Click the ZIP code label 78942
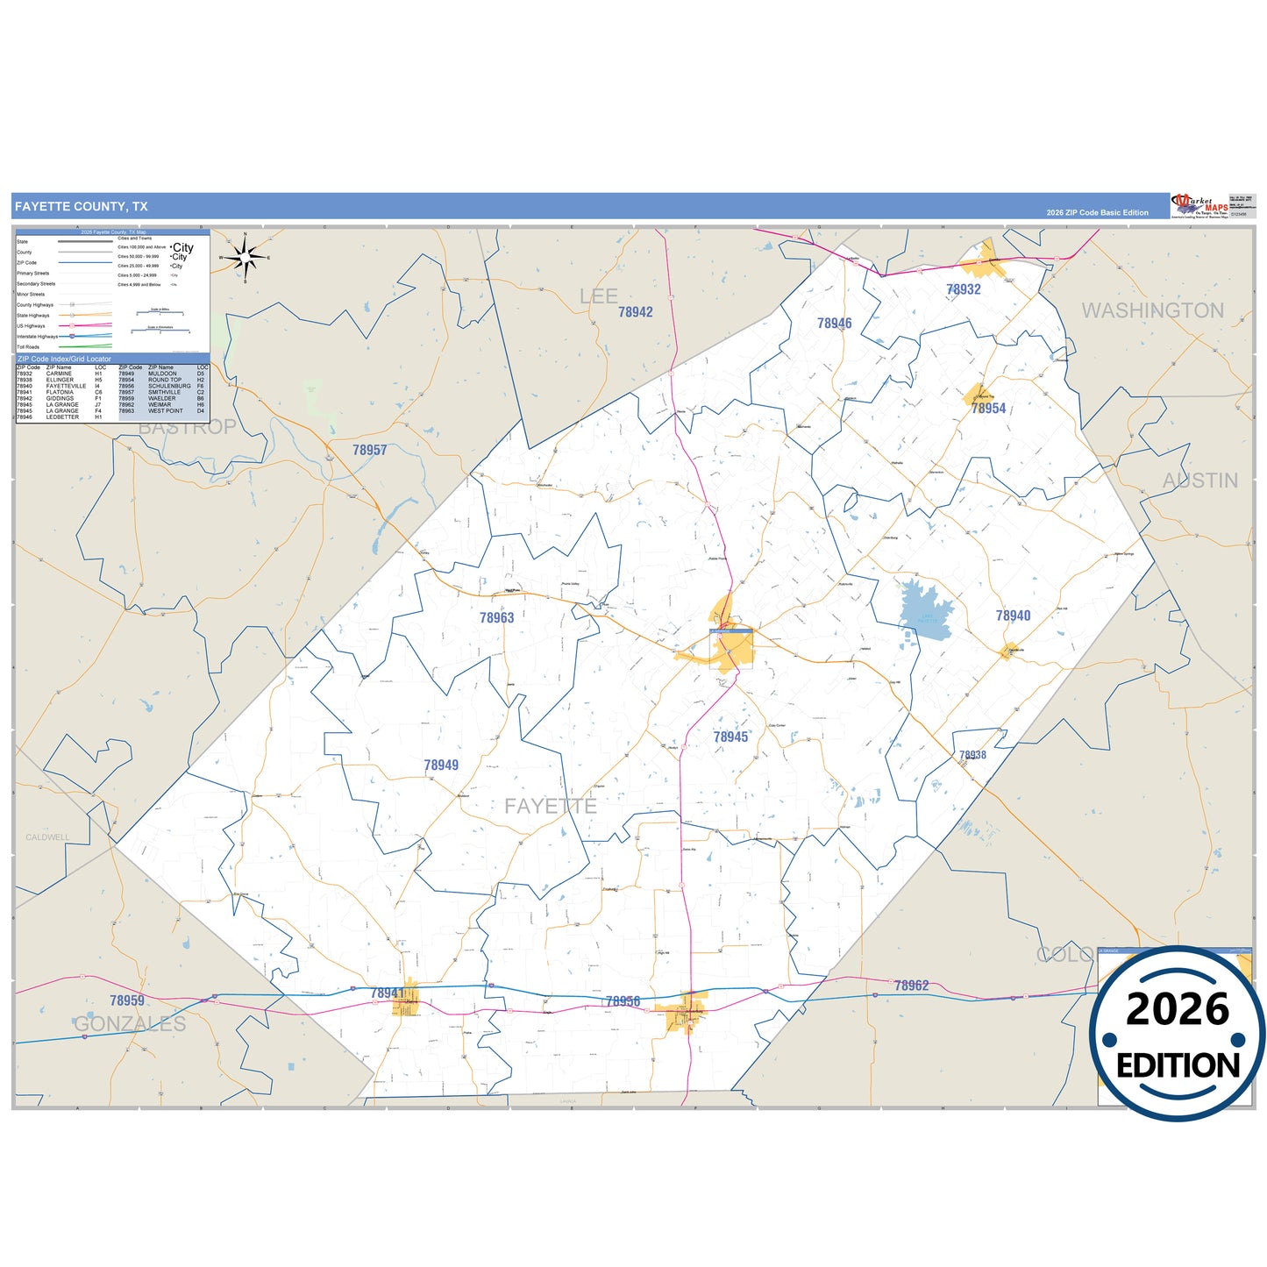[636, 312]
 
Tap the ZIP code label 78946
[835, 324]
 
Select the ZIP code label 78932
[964, 289]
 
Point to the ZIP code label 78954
[988, 409]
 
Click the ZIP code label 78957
[370, 450]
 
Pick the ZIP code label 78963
[497, 618]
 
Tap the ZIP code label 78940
[1013, 616]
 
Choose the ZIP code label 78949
[441, 765]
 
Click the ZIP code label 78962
[911, 986]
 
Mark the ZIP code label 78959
[127, 1000]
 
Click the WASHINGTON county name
[1152, 310]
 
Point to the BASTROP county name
[188, 427]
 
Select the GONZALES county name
[130, 1023]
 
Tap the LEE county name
[599, 296]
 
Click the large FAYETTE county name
[551, 806]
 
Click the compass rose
[246, 258]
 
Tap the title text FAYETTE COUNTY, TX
[82, 207]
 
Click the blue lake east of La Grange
[926, 607]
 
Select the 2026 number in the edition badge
[1178, 1009]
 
